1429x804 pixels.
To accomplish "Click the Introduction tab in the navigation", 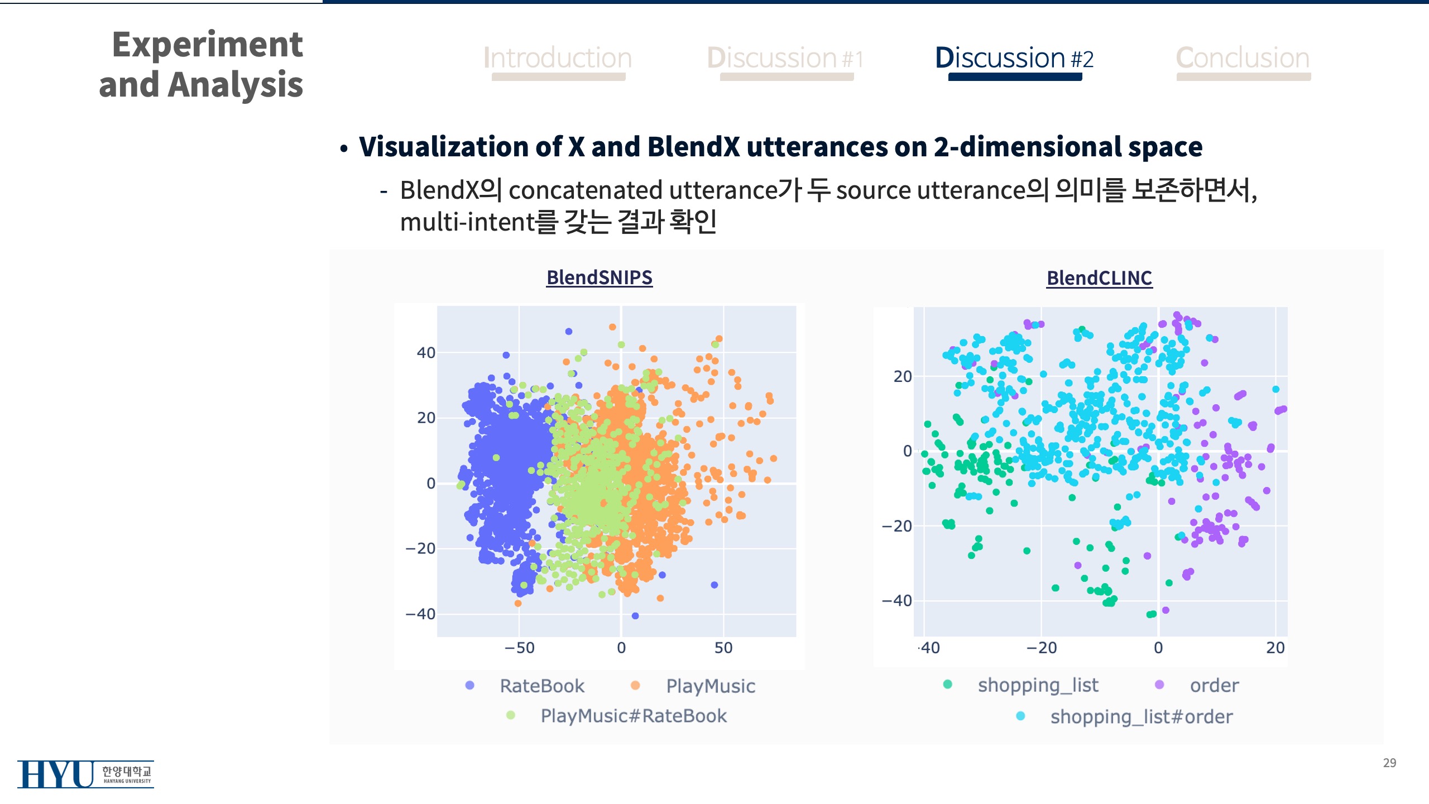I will point(558,58).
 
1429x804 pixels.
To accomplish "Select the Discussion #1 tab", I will point(785,58).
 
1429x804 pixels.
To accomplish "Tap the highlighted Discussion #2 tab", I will point(1014,58).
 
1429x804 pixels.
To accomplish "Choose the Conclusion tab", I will point(1243,58).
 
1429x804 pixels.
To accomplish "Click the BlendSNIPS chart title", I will point(599,277).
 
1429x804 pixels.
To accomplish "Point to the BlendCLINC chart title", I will point(1099,278).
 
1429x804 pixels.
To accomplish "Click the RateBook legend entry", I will point(541,686).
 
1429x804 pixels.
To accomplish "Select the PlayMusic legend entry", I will point(710,686).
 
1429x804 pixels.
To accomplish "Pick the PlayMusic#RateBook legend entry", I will point(633,716).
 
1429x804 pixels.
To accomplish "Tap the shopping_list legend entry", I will point(1037,685).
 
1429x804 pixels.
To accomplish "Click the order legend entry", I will point(1214,685).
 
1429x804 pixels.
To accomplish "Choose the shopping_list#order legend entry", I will point(1141,716).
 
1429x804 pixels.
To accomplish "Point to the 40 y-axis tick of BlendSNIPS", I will point(426,353).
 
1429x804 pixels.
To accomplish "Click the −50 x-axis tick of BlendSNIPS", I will point(519,648).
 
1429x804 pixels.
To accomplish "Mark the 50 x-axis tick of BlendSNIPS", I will point(723,648).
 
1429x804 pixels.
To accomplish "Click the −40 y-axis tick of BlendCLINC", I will point(896,601).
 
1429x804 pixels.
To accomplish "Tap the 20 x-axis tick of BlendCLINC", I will point(1275,648).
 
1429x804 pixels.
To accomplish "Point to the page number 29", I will point(1389,763).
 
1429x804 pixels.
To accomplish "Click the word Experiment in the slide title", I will point(208,45).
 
